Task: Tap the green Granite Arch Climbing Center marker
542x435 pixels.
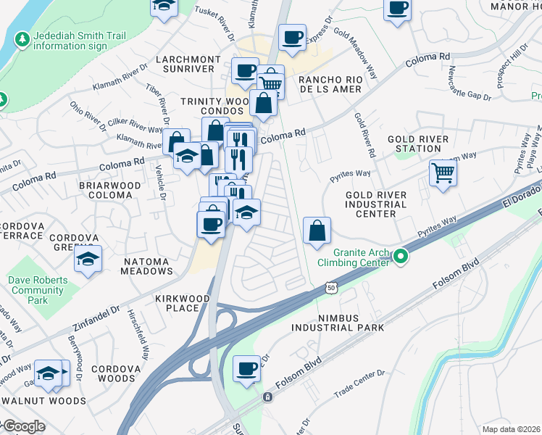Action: point(400,257)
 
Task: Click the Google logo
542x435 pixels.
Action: point(23,426)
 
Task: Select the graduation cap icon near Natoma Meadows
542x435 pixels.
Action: point(88,259)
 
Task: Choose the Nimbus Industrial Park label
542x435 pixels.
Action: point(338,323)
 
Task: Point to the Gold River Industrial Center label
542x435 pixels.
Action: point(380,204)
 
